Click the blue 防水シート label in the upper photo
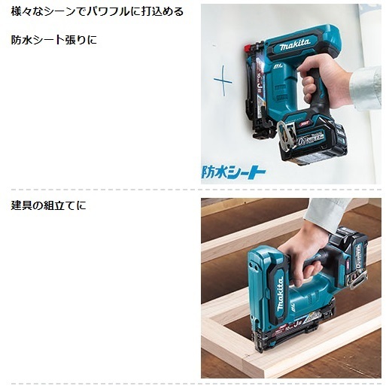point(234,171)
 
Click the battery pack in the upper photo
point(317,139)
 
